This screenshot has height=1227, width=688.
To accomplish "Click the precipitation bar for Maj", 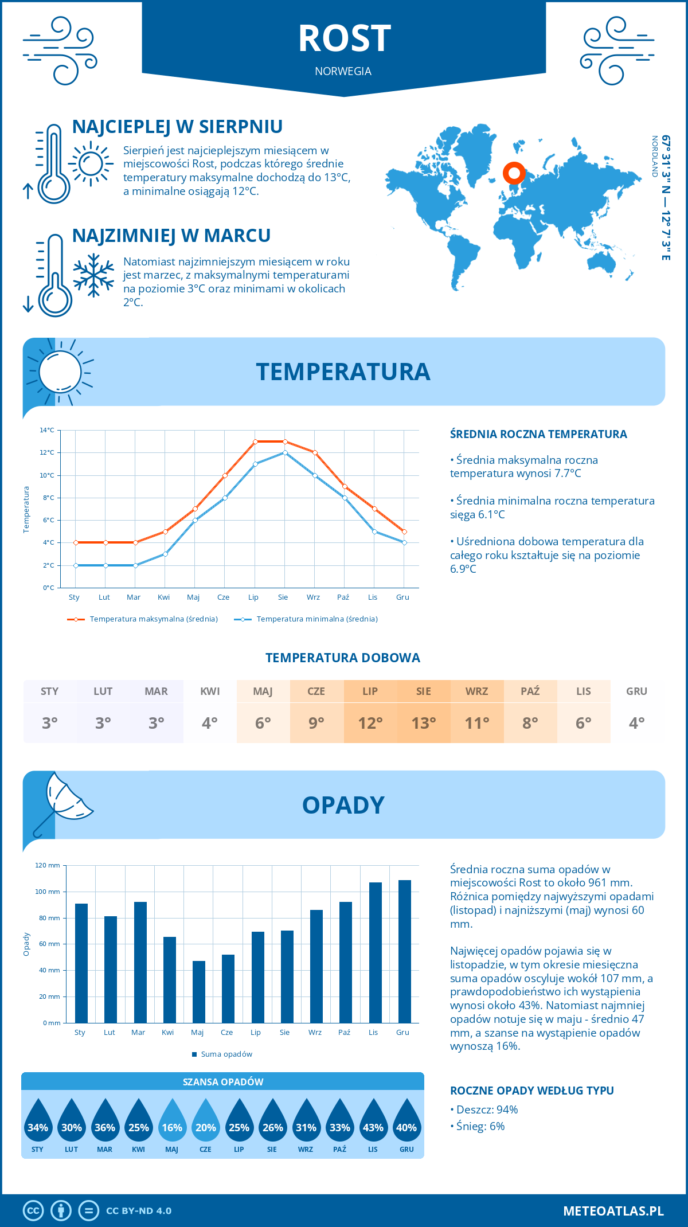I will [199, 991].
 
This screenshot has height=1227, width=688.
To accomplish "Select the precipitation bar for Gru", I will [405, 951].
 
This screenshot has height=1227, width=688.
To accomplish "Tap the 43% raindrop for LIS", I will [373, 1127].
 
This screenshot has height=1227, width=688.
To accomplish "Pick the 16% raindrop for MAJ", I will [172, 1127].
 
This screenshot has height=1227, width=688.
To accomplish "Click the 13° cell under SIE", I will [424, 722].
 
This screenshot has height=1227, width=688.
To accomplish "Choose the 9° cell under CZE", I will [316, 722].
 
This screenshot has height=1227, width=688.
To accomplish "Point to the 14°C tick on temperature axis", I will [47, 430].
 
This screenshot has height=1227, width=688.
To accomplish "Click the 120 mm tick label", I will [48, 865].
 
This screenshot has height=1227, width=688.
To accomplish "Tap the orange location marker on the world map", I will [514, 173].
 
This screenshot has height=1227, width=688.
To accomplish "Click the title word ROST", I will [344, 39].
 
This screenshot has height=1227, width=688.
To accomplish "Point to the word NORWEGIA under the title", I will [343, 72].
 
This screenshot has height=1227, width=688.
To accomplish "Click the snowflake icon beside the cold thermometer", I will [93, 275].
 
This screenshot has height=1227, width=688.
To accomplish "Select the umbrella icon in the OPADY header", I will [63, 803].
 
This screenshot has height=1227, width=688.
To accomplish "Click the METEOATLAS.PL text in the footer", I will [613, 1211].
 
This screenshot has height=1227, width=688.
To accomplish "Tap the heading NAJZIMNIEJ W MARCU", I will [171, 236].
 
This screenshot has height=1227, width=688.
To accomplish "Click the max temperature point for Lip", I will [255, 441].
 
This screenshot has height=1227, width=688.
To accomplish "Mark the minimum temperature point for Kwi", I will [165, 554].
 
